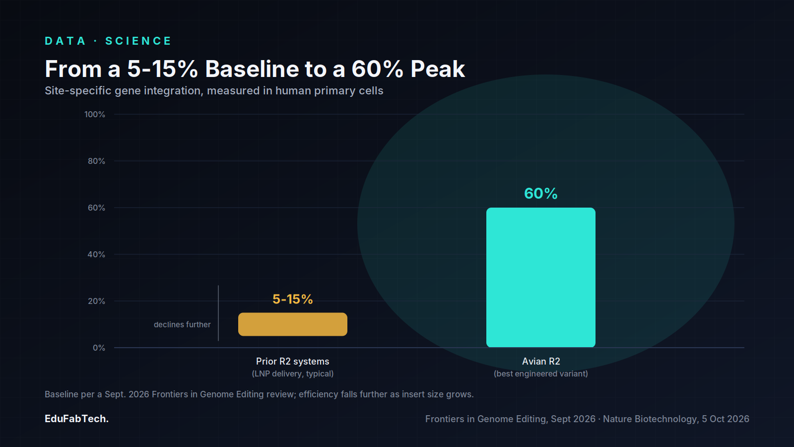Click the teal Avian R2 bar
[540, 278]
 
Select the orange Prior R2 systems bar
[293, 324]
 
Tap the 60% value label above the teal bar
[540, 193]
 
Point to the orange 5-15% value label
[293, 299]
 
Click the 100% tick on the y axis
[95, 114]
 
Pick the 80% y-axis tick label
[96, 161]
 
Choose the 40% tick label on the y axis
[96, 254]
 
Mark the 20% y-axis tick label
[96, 301]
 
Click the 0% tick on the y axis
[99, 348]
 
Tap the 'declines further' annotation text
[182, 325]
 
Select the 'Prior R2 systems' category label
[293, 361]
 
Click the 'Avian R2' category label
[541, 361]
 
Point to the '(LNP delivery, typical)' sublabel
[293, 373]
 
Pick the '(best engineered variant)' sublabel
[541, 373]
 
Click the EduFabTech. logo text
[76, 419]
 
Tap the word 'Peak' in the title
[438, 69]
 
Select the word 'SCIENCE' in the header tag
[138, 41]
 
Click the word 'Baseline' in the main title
[252, 69]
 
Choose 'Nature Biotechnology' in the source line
[650, 419]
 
